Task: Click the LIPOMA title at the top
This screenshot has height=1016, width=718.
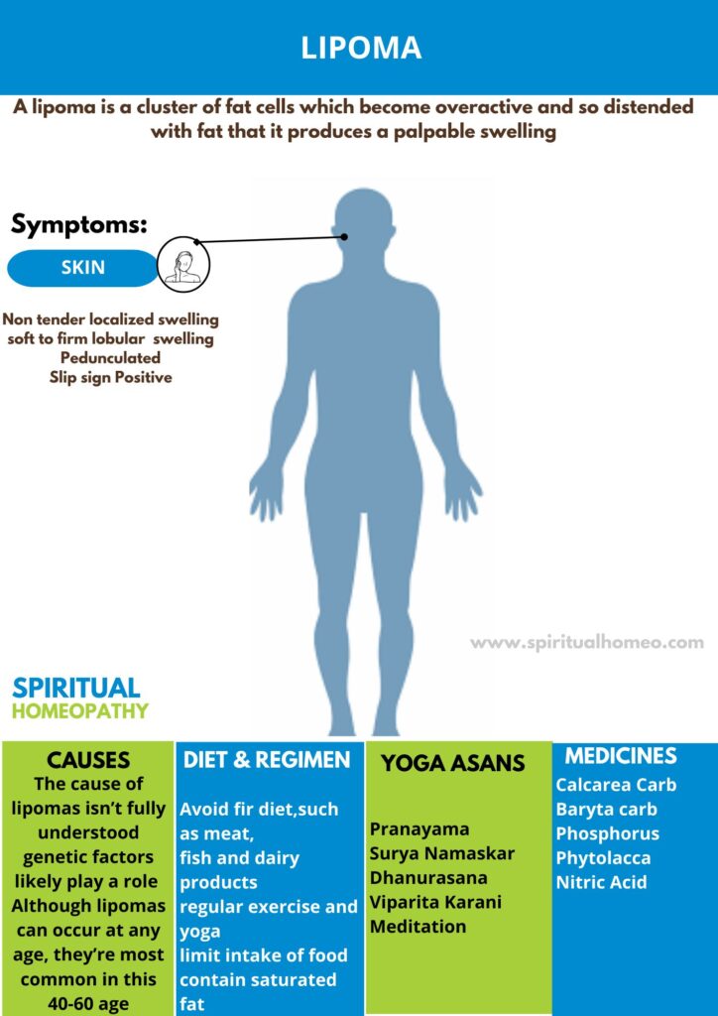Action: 362,48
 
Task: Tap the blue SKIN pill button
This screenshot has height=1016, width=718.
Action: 82,268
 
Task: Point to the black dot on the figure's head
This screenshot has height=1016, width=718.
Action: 344,236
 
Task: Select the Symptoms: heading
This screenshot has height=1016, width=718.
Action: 79,224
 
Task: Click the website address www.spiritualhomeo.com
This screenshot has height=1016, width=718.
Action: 587,642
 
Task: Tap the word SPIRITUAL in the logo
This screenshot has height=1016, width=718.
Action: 76,688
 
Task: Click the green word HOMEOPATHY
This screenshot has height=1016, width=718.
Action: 80,711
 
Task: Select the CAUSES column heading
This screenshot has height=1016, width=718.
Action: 89,760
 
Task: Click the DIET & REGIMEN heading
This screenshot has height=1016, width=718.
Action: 267,760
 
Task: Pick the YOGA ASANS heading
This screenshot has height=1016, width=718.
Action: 453,763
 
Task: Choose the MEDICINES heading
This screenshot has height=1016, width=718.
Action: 621,756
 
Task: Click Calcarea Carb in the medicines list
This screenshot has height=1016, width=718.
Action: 616,785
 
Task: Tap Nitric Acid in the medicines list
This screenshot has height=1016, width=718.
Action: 601,882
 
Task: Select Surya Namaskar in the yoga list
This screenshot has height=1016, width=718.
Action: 441,853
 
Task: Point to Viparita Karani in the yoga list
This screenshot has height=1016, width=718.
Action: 435,902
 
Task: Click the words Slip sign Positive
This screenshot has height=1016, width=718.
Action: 110,377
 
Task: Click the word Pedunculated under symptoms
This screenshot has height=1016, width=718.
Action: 110,358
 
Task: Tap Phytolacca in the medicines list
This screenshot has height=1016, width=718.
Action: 603,857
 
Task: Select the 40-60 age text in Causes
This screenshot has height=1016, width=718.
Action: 87,1003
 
